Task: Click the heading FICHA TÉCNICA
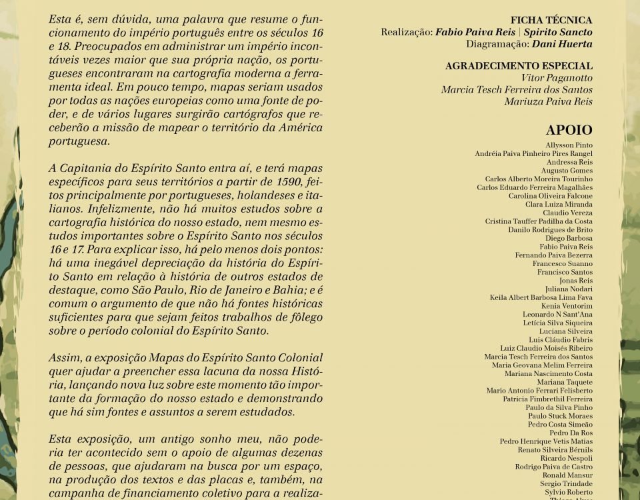pyautogui.click(x=551, y=21)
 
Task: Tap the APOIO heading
pyautogui.click(x=569, y=130)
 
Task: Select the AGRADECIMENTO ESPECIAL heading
pyautogui.click(x=519, y=66)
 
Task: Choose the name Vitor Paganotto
pyautogui.click(x=557, y=78)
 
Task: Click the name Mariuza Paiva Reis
pyautogui.click(x=548, y=102)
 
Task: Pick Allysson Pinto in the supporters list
pyautogui.click(x=569, y=145)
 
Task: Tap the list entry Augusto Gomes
pyautogui.click(x=567, y=171)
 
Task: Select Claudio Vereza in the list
pyautogui.click(x=567, y=213)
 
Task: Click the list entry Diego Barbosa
pyautogui.click(x=569, y=239)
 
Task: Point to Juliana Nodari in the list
pyautogui.click(x=569, y=289)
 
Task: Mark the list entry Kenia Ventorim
pyautogui.click(x=567, y=306)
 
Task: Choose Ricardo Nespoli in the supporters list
pyautogui.click(x=566, y=459)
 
